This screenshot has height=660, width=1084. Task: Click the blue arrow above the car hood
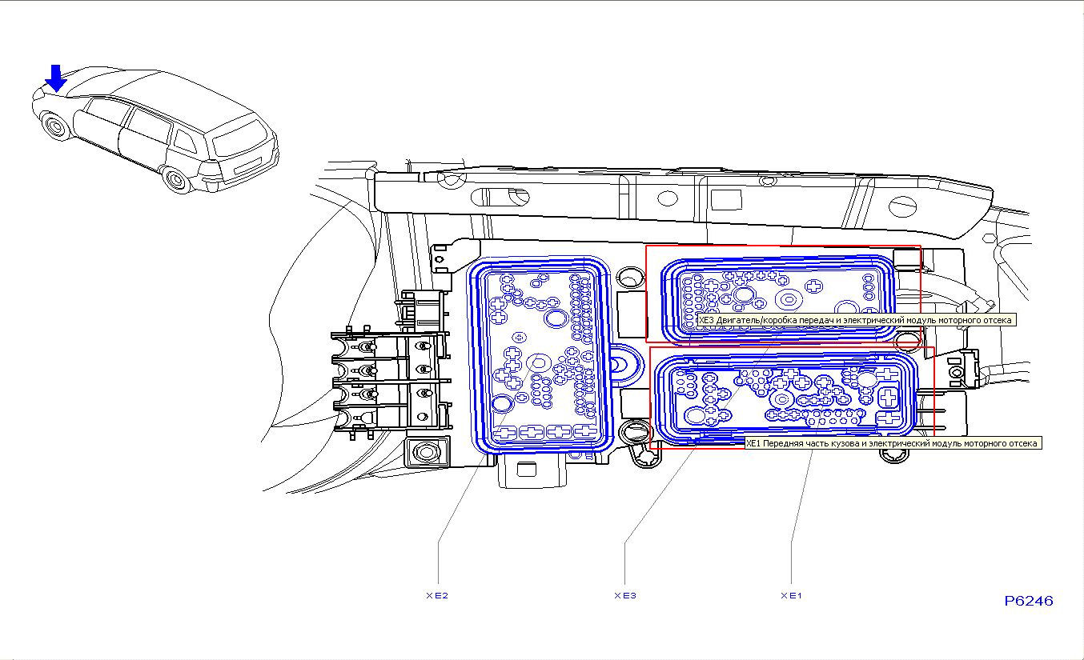(x=55, y=78)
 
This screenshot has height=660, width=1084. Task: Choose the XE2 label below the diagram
(x=436, y=595)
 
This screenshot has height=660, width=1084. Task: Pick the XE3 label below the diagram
(x=624, y=595)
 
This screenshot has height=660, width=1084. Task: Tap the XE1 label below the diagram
(x=791, y=595)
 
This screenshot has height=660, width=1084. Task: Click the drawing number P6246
(x=1029, y=601)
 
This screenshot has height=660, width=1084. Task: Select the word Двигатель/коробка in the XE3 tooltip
(x=753, y=320)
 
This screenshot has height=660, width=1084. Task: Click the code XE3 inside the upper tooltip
(x=706, y=320)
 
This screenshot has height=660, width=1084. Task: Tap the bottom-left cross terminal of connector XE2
(x=504, y=433)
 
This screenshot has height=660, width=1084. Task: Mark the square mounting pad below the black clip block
(x=425, y=452)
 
